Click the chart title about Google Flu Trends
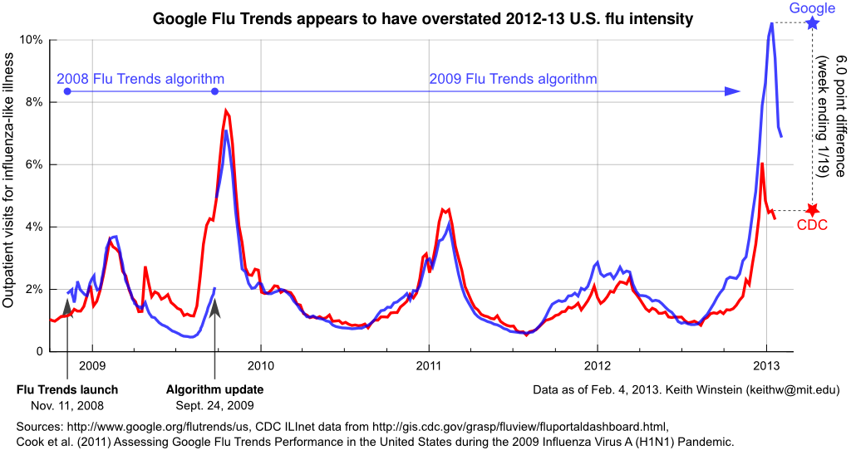click(423, 17)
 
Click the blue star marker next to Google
click(813, 23)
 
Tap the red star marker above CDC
click(813, 210)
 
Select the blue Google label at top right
click(812, 8)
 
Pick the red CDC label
click(812, 225)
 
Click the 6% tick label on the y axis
click(31, 164)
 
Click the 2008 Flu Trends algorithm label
click(140, 80)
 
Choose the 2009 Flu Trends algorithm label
click(513, 80)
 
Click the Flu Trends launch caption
click(67, 389)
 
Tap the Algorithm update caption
click(215, 389)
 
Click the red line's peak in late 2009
click(226, 110)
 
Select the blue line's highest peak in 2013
click(772, 23)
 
